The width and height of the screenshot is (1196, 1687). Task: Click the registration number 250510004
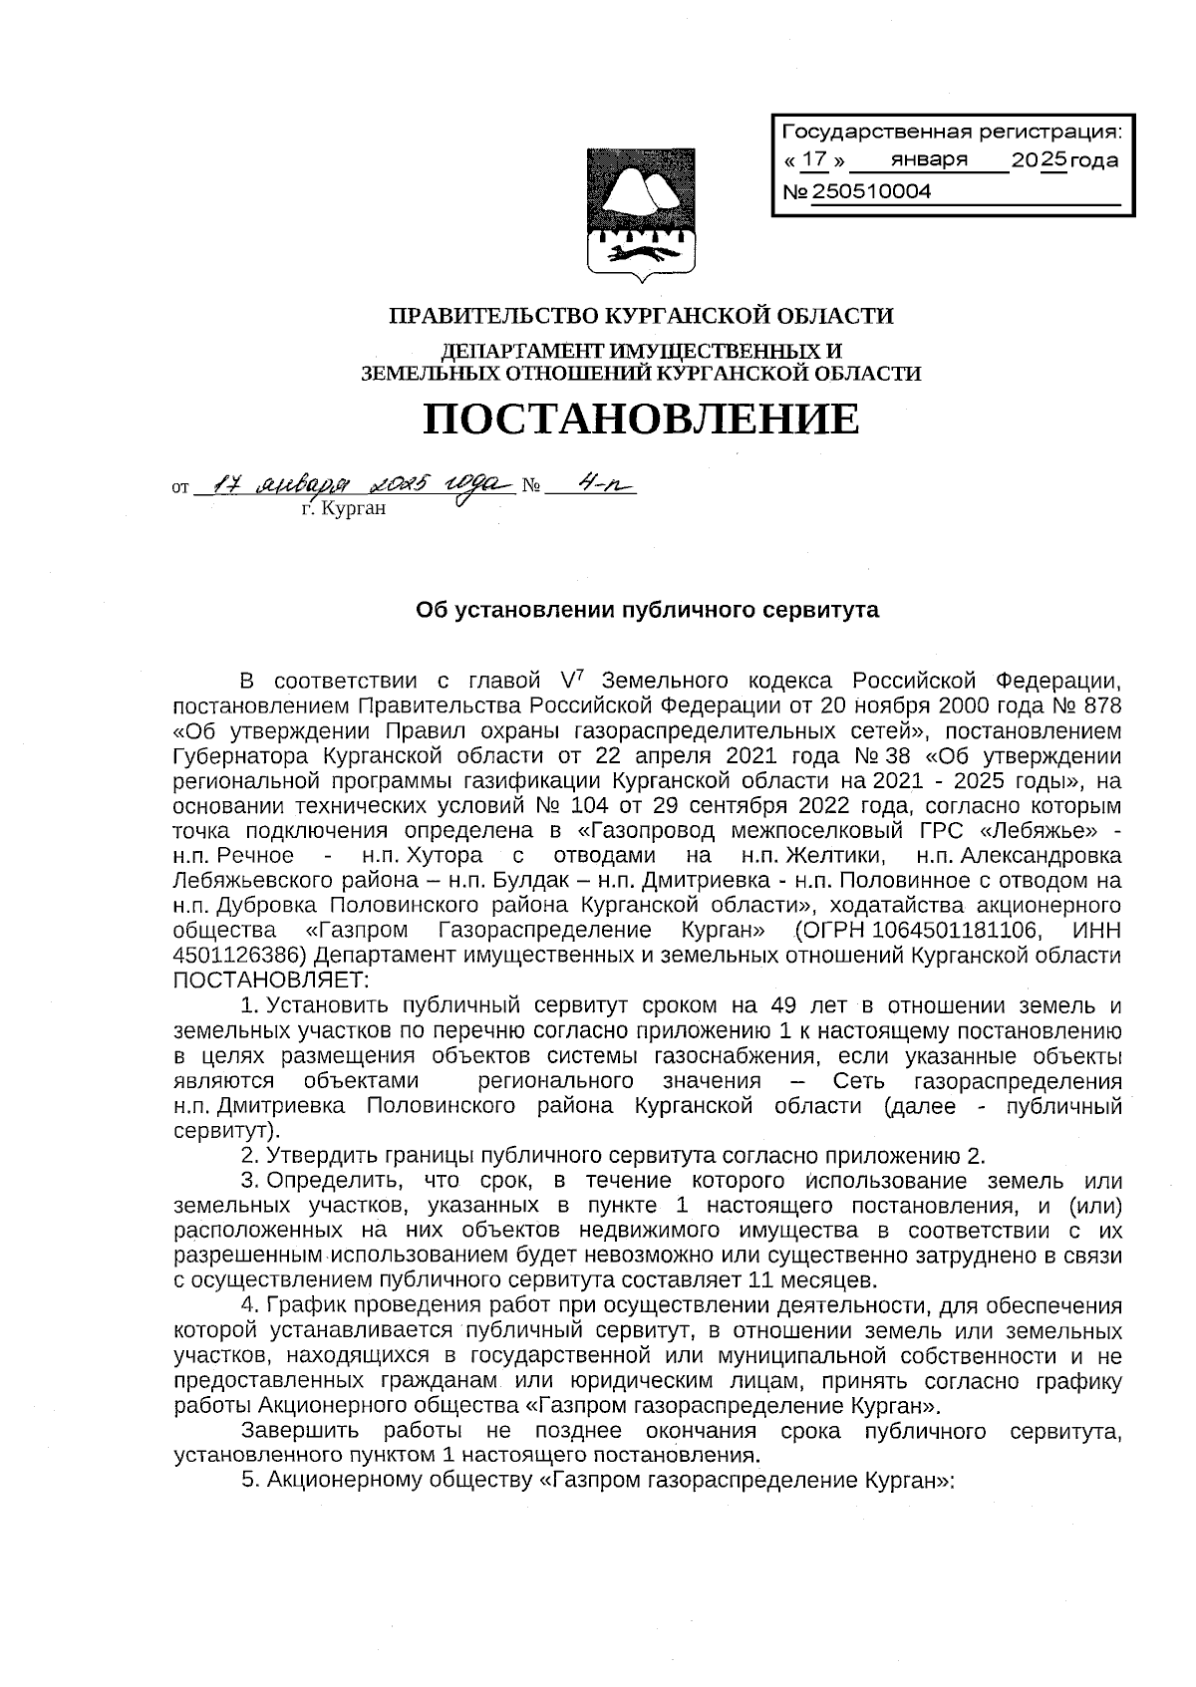tap(872, 191)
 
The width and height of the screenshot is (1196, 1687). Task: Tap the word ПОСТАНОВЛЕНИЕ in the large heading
tap(641, 420)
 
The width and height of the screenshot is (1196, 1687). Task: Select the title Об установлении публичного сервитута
tap(647, 610)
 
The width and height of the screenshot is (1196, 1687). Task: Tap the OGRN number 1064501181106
tap(958, 931)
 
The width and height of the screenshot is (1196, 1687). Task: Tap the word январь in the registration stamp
tap(930, 160)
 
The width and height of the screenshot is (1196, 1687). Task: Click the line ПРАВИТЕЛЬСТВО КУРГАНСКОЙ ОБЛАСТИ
tap(641, 317)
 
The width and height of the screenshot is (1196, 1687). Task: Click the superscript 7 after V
tap(580, 674)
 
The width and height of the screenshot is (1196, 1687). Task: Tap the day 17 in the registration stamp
tap(814, 159)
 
